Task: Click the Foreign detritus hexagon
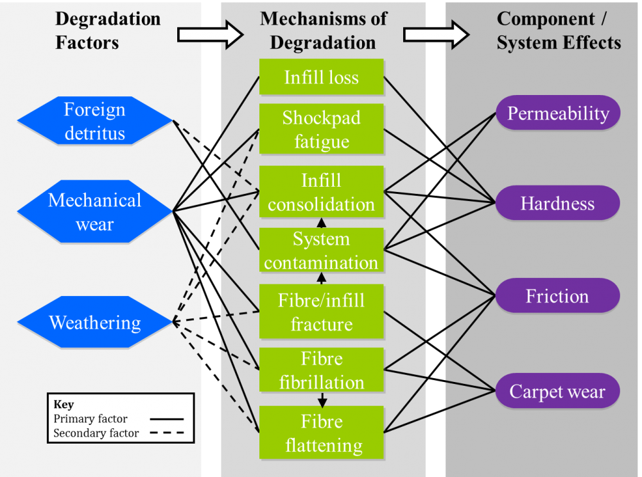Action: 95,121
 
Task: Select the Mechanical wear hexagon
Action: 95,211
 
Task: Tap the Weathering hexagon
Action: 95,322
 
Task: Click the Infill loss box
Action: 321,78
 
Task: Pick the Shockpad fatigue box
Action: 321,130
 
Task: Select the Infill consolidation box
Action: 321,192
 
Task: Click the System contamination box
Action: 321,250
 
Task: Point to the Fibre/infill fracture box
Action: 321,312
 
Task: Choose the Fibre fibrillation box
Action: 321,370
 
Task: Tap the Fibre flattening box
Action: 321,433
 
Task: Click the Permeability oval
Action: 557,114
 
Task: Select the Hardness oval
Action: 557,204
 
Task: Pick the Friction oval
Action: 557,296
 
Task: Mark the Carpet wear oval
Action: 557,391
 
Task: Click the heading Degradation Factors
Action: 108,30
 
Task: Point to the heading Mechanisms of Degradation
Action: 323,30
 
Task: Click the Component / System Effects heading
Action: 559,30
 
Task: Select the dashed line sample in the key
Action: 166,433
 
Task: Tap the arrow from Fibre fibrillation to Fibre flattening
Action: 322,400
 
